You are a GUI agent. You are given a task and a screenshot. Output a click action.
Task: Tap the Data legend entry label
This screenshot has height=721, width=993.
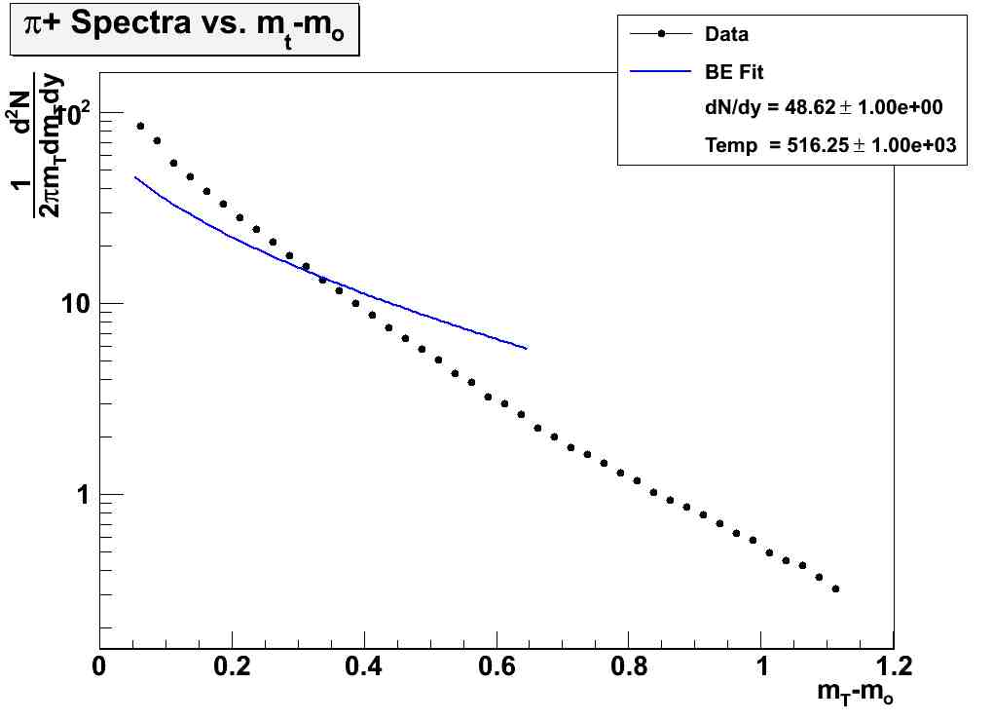726,34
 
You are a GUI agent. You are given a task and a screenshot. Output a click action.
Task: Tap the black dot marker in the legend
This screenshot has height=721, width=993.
662,34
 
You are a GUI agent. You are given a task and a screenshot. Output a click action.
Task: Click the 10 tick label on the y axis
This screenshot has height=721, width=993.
72,304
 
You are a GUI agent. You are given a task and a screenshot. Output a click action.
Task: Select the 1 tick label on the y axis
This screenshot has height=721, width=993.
83,495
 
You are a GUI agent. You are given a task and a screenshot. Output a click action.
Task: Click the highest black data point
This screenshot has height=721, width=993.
140,126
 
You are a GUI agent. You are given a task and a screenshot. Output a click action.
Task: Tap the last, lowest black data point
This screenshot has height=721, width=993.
835,588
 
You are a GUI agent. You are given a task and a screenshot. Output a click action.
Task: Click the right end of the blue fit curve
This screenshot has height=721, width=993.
527,348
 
